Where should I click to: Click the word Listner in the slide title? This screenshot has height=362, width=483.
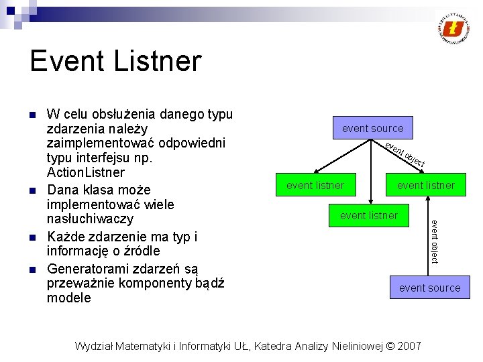point(160,62)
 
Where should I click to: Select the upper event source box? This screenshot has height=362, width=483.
point(373,128)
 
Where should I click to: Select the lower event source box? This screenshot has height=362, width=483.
point(430,288)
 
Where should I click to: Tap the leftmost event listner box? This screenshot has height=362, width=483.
point(315,185)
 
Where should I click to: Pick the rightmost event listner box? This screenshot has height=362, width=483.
point(426,185)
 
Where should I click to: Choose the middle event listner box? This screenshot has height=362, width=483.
point(369,215)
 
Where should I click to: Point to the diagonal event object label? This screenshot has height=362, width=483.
point(405,154)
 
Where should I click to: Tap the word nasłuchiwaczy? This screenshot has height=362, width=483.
point(90,219)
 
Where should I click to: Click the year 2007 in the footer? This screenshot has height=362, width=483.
point(409,346)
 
